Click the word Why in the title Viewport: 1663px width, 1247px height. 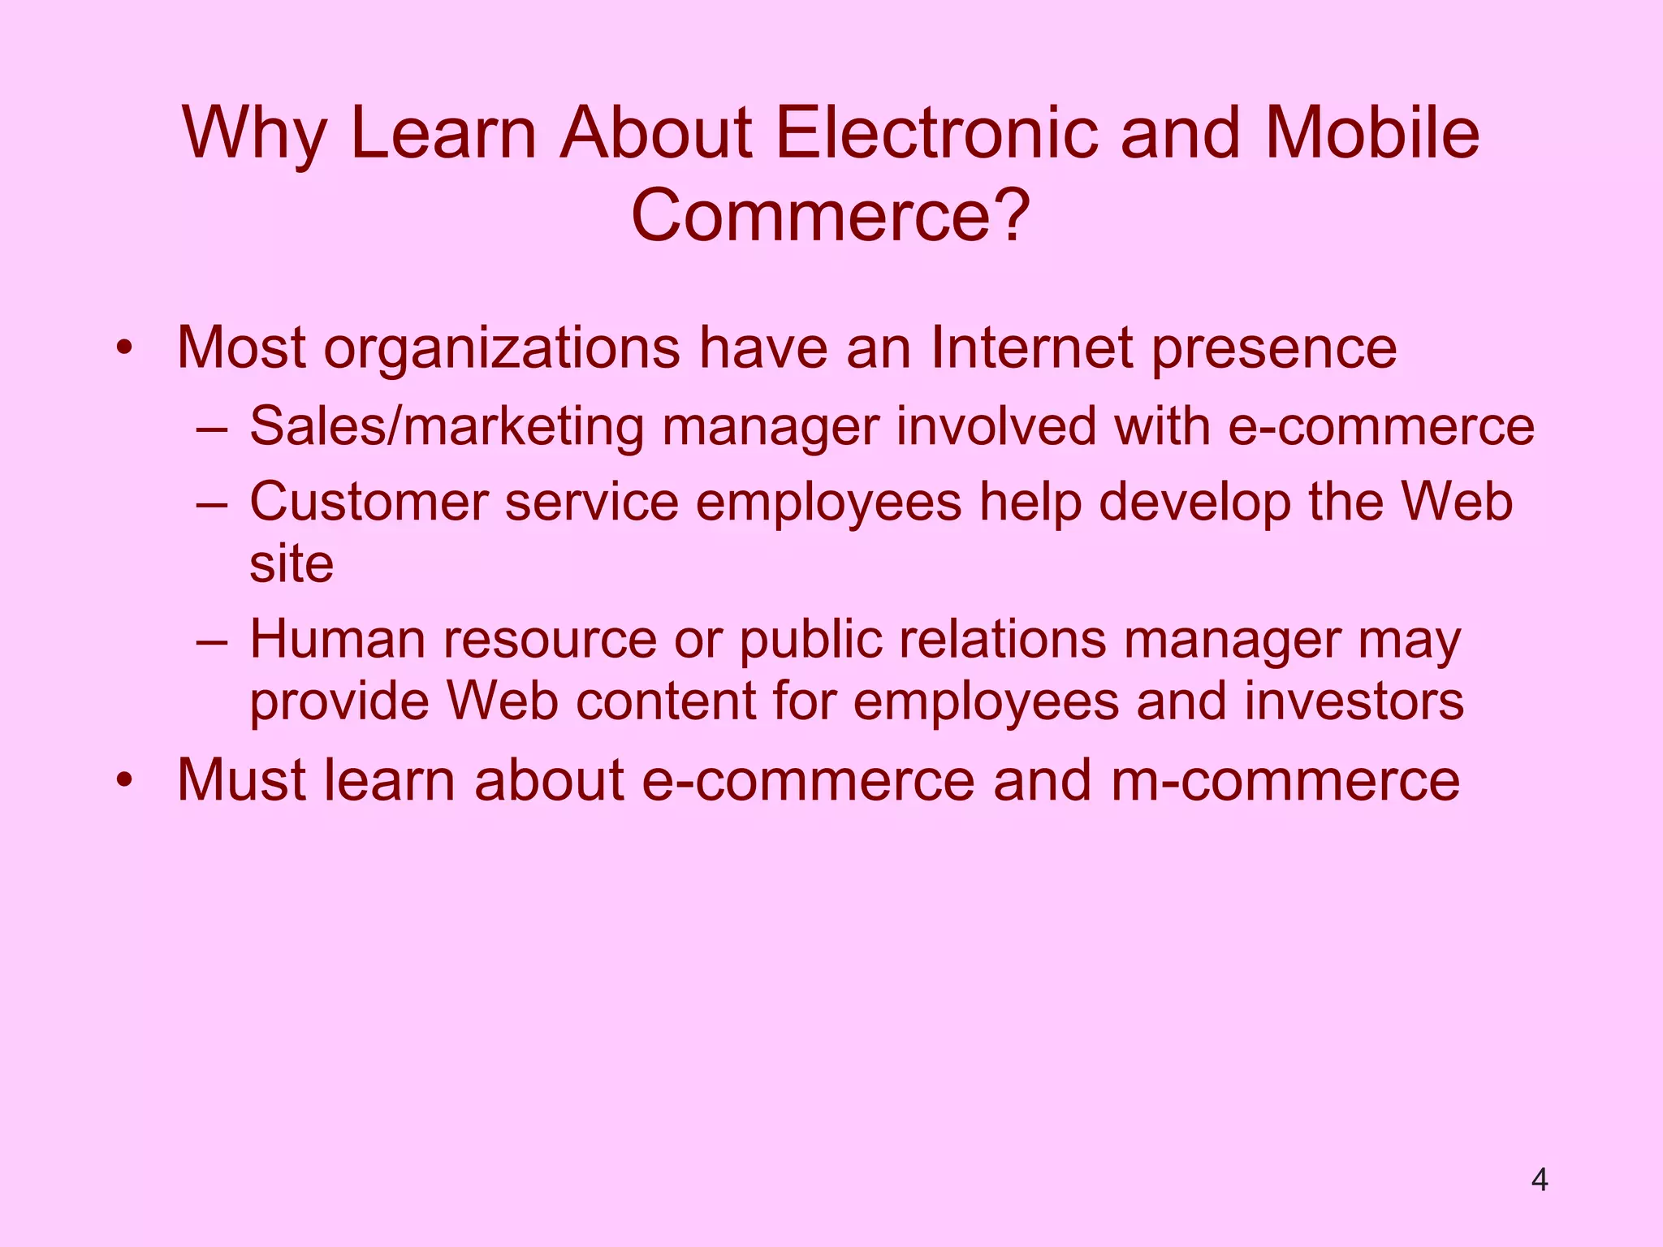click(x=255, y=134)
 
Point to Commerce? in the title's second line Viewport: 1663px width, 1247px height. click(x=831, y=217)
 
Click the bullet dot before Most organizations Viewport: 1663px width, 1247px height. click(x=123, y=350)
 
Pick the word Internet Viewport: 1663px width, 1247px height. click(x=1031, y=348)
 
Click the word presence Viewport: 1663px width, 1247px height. click(x=1274, y=350)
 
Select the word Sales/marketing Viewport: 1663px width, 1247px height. click(x=447, y=427)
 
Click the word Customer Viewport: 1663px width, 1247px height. click(x=369, y=502)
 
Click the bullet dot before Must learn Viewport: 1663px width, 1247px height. click(x=123, y=782)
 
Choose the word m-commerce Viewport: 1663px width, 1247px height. click(x=1285, y=780)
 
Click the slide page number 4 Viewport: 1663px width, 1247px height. click(x=1540, y=1180)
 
